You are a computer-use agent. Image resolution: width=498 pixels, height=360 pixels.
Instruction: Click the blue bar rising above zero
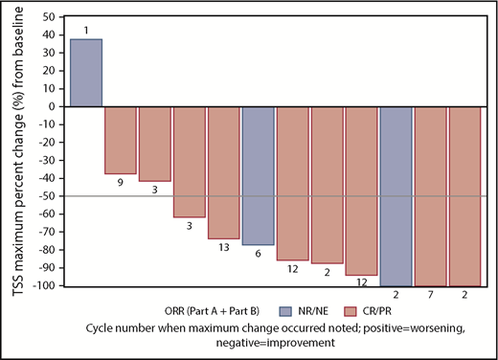tap(85, 73)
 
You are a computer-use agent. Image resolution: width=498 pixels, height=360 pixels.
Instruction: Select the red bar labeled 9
tap(120, 140)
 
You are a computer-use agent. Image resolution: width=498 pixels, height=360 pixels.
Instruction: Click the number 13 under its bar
tap(223, 247)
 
